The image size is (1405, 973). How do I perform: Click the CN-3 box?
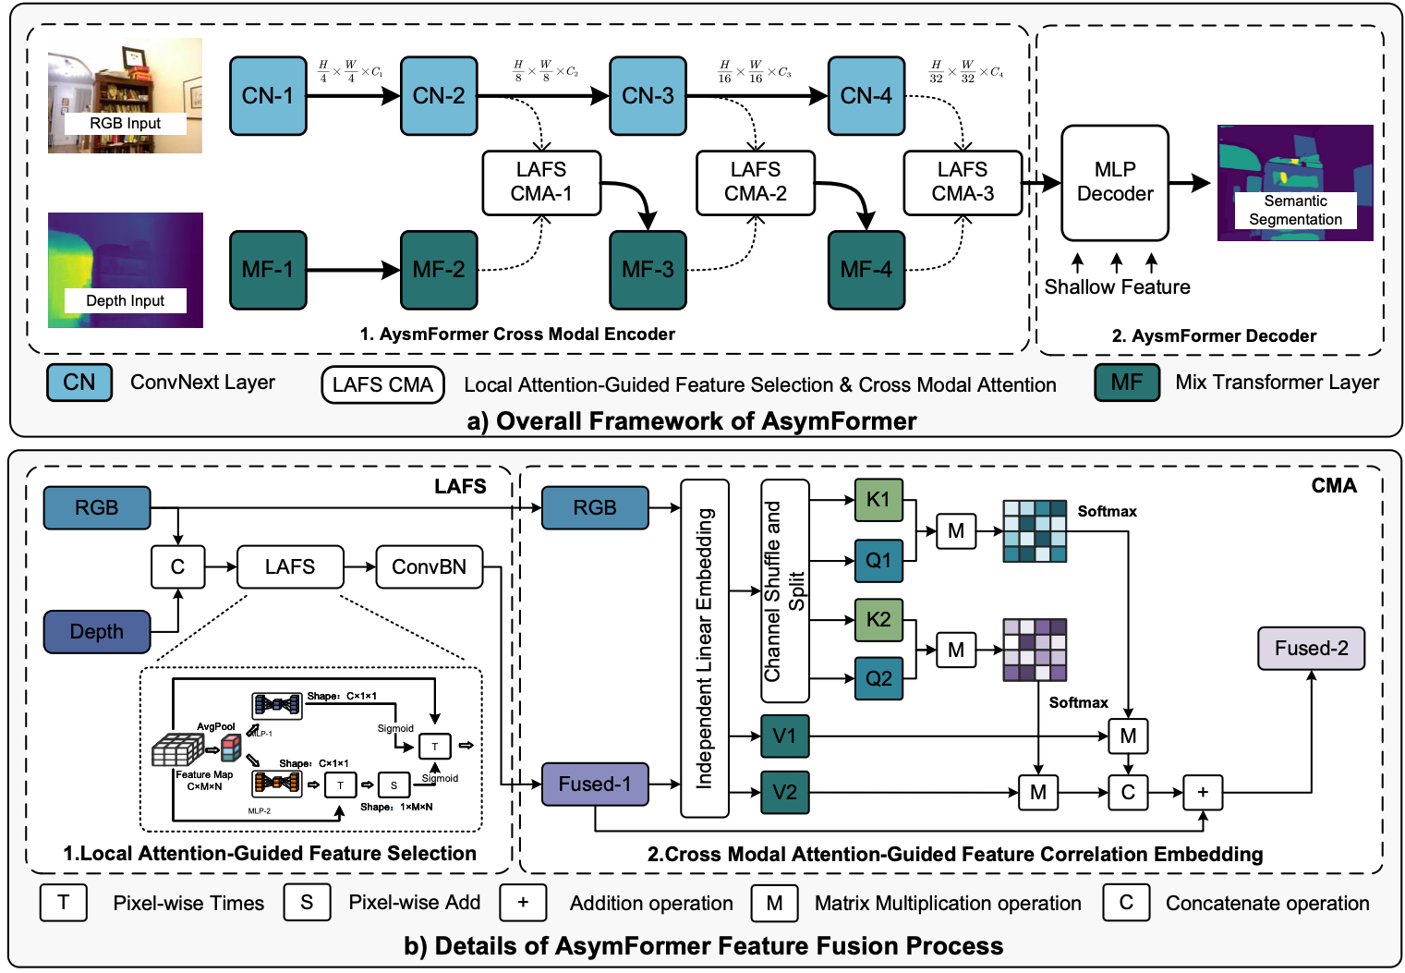(x=648, y=96)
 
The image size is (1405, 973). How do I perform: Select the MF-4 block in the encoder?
(x=866, y=270)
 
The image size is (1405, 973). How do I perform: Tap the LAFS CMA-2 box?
(x=755, y=182)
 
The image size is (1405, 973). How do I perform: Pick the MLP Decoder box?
(x=1114, y=182)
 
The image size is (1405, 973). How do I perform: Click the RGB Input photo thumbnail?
(x=125, y=95)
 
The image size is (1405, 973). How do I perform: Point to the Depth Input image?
(x=125, y=270)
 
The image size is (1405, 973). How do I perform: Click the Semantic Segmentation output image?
(x=1294, y=182)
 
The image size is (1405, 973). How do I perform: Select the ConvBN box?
(x=429, y=566)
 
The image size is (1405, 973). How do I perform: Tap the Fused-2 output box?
(x=1310, y=649)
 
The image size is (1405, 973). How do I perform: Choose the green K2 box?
(x=878, y=619)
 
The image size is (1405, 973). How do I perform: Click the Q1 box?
(x=878, y=560)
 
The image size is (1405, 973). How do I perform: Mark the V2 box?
(x=784, y=792)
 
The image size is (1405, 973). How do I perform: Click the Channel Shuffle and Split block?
(x=784, y=591)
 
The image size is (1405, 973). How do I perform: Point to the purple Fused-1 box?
(x=594, y=784)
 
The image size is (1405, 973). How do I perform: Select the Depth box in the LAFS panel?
(x=96, y=632)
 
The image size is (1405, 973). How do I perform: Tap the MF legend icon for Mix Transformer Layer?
(x=1126, y=383)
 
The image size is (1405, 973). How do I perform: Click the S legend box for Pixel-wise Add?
(x=307, y=903)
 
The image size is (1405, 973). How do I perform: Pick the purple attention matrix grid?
(x=1035, y=650)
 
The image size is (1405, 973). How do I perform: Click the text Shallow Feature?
(x=1117, y=287)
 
